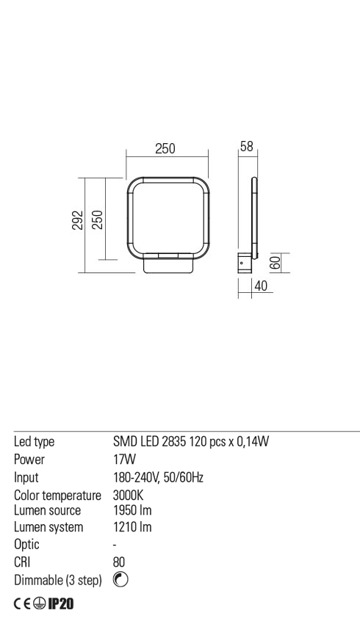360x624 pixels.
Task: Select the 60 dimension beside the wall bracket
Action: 273,262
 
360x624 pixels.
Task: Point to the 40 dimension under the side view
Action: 259,287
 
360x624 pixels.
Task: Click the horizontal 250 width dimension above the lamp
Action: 165,148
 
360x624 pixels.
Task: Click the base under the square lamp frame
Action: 168,266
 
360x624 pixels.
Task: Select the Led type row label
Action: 35,442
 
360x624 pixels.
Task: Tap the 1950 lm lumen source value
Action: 132,510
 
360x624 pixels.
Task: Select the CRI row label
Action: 24,562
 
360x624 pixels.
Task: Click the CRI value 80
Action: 120,562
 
